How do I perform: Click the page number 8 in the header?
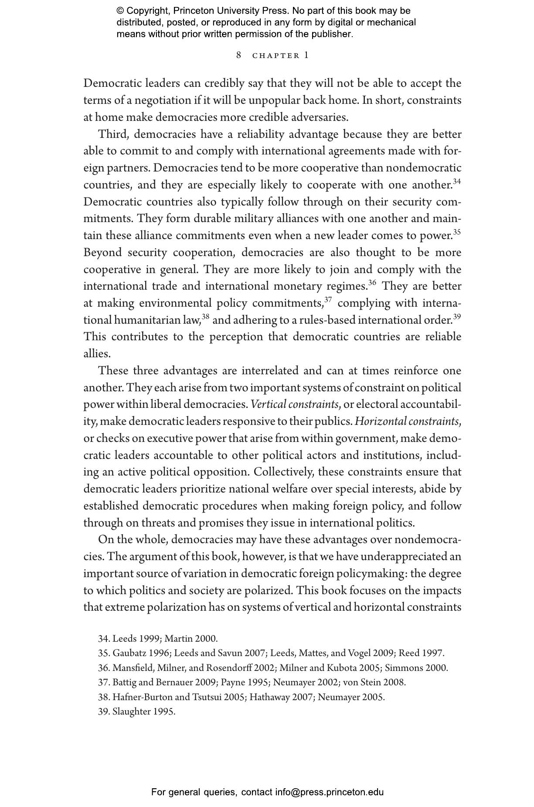point(238,55)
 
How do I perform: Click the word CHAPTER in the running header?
point(276,56)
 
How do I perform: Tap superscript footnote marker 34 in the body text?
point(456,181)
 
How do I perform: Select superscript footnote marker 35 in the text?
point(456,232)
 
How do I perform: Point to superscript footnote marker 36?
point(372,282)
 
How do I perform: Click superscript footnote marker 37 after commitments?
point(328,299)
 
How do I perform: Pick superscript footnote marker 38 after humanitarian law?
point(205,316)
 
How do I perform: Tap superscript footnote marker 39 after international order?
point(456,316)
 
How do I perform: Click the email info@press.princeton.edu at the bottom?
point(329,792)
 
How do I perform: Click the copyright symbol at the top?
point(120,11)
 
